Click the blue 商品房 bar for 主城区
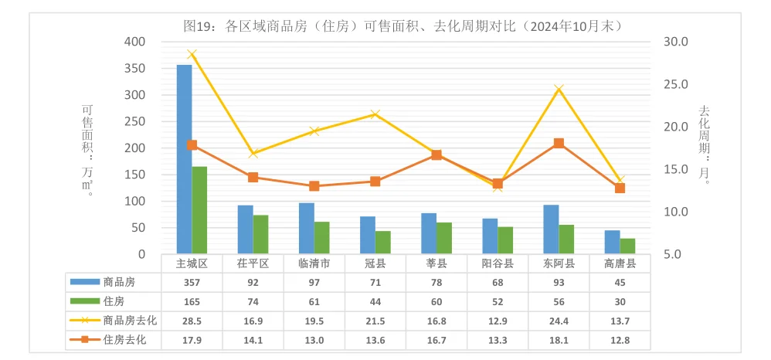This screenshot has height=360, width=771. click(184, 159)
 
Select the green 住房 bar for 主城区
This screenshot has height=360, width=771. click(199, 210)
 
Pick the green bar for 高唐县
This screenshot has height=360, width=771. click(627, 246)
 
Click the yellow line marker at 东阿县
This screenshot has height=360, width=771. click(559, 90)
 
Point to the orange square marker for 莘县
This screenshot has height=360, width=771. click(436, 155)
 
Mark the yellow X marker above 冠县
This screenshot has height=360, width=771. click(375, 114)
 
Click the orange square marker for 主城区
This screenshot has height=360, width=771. click(192, 145)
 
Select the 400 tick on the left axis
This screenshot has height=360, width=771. click(134, 42)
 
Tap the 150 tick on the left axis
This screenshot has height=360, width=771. click(134, 175)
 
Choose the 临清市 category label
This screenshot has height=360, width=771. click(314, 263)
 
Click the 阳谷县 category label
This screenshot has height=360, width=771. click(498, 263)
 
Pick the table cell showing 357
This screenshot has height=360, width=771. click(192, 282)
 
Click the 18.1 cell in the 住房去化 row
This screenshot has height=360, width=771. click(559, 339)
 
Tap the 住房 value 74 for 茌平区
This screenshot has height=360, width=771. click(253, 301)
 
